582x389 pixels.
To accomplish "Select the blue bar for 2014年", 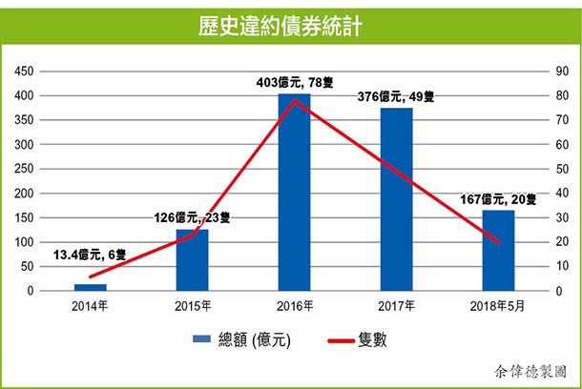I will click(x=91, y=286).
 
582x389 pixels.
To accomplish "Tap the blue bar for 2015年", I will click(x=192, y=259).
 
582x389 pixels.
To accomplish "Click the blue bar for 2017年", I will click(x=396, y=199).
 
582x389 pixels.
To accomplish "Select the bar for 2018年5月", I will click(x=498, y=250).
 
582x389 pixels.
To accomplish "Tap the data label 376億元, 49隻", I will click(x=396, y=95).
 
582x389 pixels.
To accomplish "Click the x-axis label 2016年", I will click(x=294, y=305).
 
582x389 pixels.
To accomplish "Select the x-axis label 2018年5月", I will click(x=497, y=305).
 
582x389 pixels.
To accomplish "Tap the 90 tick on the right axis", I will click(x=551, y=72).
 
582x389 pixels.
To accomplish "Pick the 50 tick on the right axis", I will click(x=551, y=169).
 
